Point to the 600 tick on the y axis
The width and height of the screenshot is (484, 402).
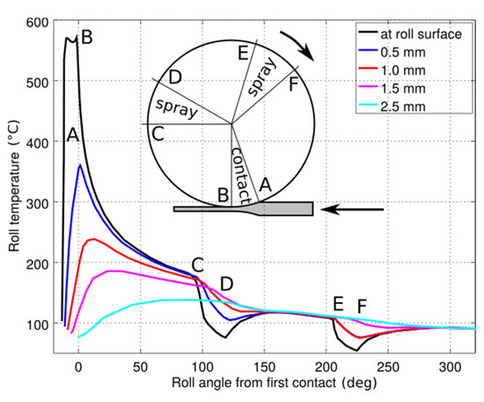[x=39, y=21]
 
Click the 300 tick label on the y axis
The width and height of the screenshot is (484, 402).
[x=39, y=203]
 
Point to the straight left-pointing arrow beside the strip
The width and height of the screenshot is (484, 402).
[x=353, y=210]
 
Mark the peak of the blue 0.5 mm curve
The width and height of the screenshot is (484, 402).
[x=80, y=165]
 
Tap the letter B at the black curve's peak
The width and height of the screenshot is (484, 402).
[x=86, y=37]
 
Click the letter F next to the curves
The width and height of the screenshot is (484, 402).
[x=361, y=306]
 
